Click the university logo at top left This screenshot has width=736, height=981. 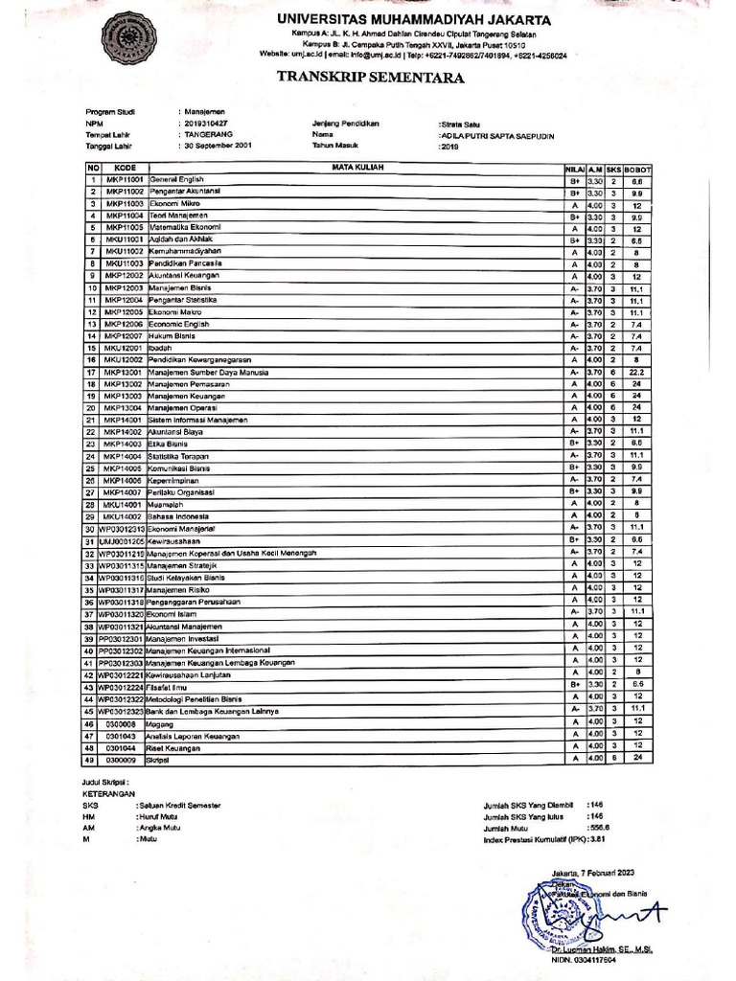(122, 37)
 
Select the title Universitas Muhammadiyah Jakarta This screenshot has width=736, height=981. (414, 19)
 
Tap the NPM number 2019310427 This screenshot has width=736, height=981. (205, 124)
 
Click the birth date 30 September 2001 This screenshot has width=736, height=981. (219, 147)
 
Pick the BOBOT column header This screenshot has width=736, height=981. (635, 168)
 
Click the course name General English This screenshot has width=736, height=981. (176, 179)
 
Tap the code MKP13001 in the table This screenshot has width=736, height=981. (124, 372)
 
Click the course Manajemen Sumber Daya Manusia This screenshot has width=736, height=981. (208, 372)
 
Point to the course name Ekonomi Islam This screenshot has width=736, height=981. (173, 613)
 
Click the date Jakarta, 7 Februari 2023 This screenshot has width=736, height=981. (594, 874)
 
